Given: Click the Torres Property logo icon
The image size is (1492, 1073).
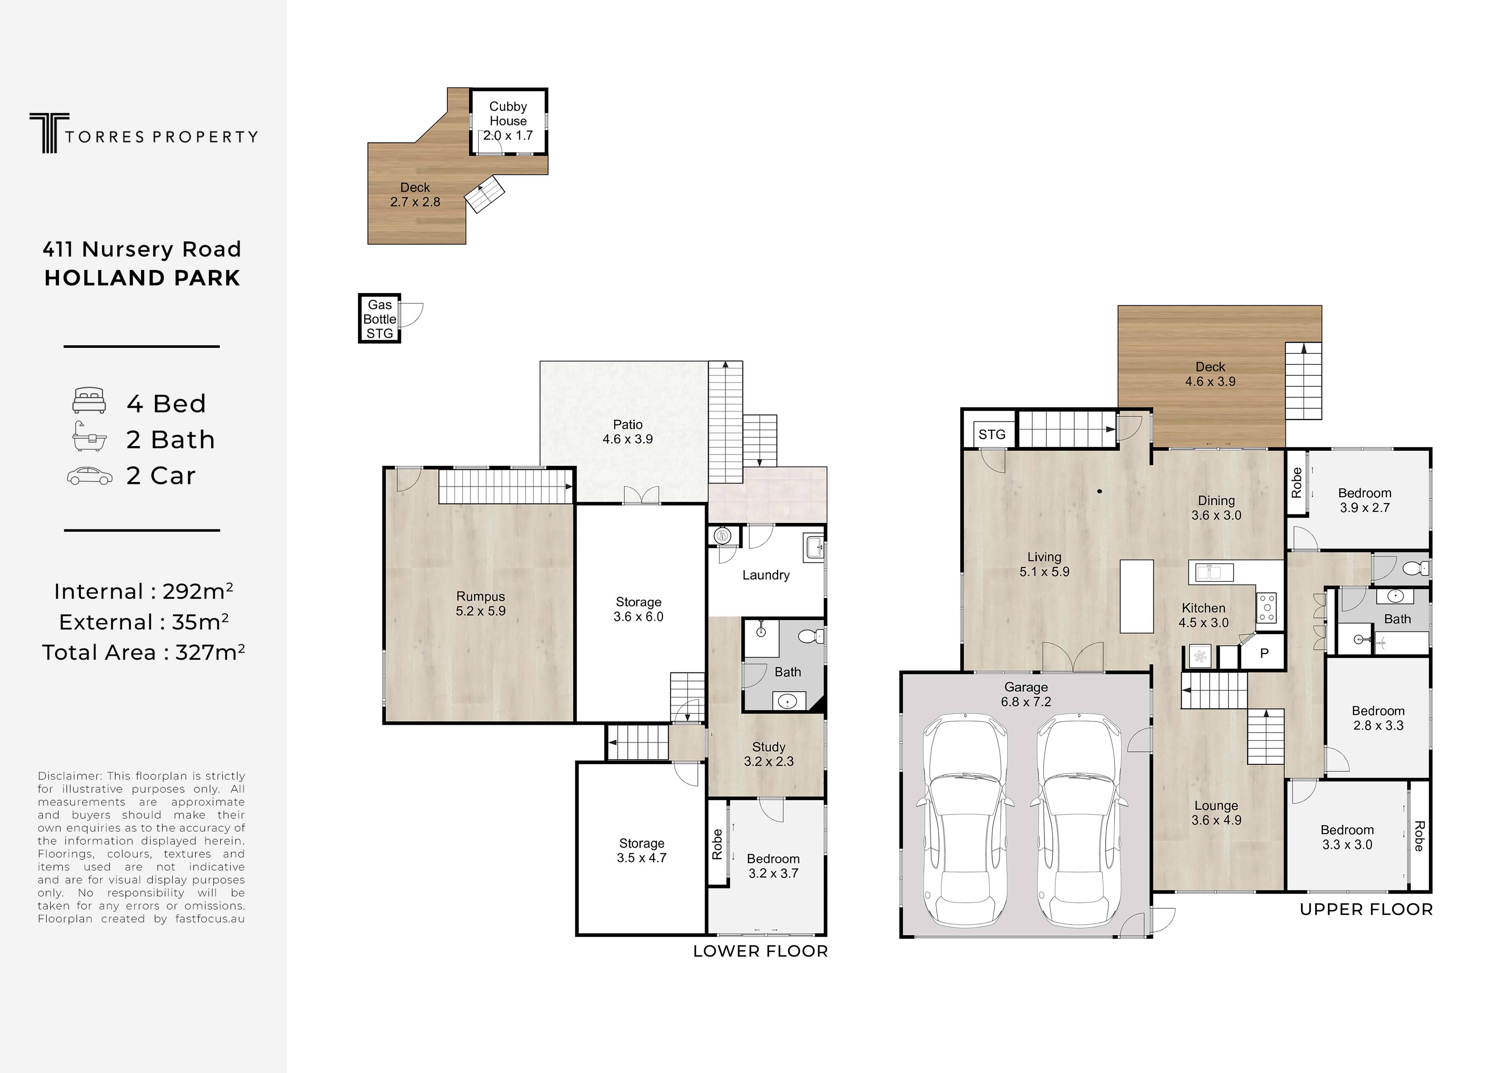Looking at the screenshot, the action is (x=49, y=133).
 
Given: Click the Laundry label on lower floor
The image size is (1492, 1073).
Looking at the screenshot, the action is (x=766, y=575).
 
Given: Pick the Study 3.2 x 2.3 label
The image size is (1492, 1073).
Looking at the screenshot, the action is (x=768, y=754).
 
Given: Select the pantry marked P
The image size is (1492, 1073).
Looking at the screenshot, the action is (x=1264, y=654).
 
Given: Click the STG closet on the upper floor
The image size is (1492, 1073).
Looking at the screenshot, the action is (x=991, y=434).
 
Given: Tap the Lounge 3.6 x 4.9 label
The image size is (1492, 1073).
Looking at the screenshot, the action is (x=1216, y=812).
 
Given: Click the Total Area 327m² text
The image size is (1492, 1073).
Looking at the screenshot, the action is (x=143, y=652).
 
